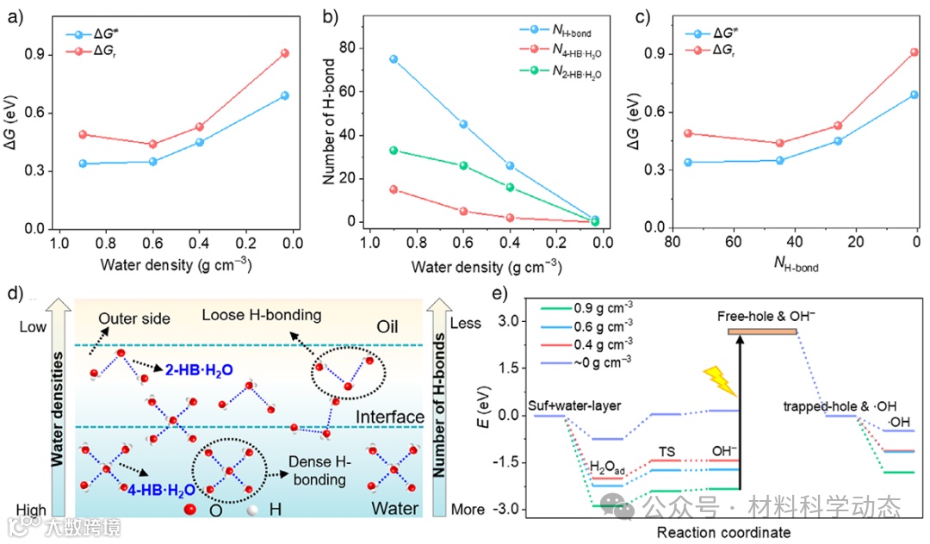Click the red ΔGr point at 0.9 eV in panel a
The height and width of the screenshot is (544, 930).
[x=284, y=53]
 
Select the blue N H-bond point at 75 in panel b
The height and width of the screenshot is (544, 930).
[x=394, y=59]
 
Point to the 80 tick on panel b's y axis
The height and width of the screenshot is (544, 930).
[x=349, y=48]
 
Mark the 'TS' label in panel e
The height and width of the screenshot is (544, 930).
[x=667, y=451]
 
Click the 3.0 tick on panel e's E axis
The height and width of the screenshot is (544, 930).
[x=512, y=321]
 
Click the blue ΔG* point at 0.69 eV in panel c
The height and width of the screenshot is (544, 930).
[x=914, y=95]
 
